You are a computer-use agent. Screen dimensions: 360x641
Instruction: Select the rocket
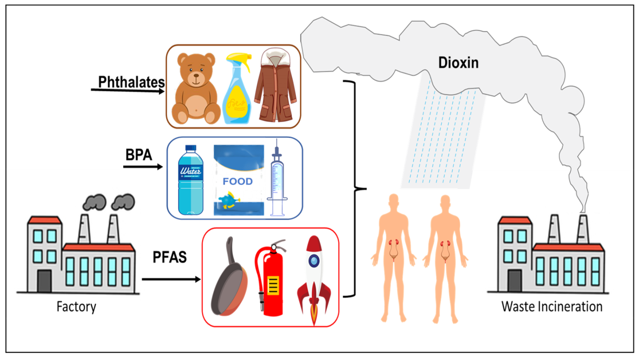click(314, 279)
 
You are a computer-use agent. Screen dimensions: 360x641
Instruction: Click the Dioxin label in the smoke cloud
click(458, 62)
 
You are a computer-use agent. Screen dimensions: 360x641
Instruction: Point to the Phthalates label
click(132, 82)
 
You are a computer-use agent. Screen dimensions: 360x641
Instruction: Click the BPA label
click(139, 154)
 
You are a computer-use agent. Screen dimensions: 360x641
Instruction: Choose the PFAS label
click(170, 256)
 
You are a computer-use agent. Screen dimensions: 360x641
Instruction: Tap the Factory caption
click(76, 307)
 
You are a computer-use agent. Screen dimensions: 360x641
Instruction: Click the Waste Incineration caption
click(552, 307)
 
